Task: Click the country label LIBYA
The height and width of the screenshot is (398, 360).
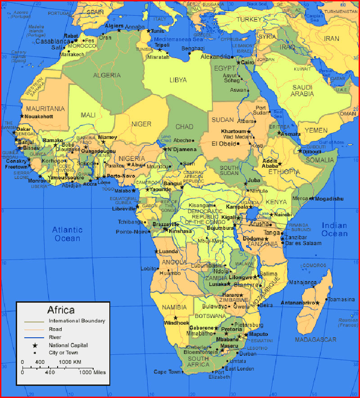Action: (178, 80)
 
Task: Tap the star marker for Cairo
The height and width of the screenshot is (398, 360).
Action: (238, 62)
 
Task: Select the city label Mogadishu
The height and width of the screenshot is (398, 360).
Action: (329, 199)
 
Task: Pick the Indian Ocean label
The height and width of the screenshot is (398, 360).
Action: (334, 229)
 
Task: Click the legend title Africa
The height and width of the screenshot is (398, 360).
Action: (61, 310)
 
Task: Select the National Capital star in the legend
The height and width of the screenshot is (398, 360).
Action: (34, 345)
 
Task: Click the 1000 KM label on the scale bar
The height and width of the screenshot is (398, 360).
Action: (70, 362)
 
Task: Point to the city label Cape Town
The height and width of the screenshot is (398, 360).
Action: (167, 372)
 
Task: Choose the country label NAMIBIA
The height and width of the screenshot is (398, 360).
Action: (175, 307)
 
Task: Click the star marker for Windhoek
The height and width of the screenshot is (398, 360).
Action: (175, 318)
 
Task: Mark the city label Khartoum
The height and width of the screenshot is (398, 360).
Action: (234, 131)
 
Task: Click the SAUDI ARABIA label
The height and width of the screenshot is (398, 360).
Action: (302, 90)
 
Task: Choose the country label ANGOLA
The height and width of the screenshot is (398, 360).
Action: (174, 262)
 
